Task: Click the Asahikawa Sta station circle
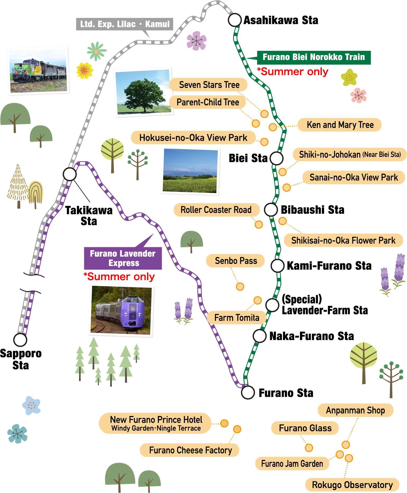(x=235, y=20)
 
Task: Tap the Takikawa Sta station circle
(x=70, y=174)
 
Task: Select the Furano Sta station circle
(x=248, y=392)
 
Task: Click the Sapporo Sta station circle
(x=20, y=340)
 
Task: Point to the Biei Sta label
(x=248, y=158)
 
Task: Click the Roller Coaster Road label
(x=216, y=210)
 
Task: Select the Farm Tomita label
(x=237, y=318)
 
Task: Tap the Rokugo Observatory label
(x=352, y=485)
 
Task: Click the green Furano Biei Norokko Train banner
(x=314, y=57)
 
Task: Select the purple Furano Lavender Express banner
(x=123, y=258)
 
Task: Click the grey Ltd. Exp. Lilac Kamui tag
(x=124, y=24)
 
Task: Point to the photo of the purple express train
(x=121, y=310)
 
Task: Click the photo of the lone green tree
(x=144, y=92)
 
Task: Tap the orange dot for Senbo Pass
(x=240, y=286)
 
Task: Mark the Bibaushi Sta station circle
(x=271, y=210)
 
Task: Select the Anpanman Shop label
(x=355, y=410)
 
